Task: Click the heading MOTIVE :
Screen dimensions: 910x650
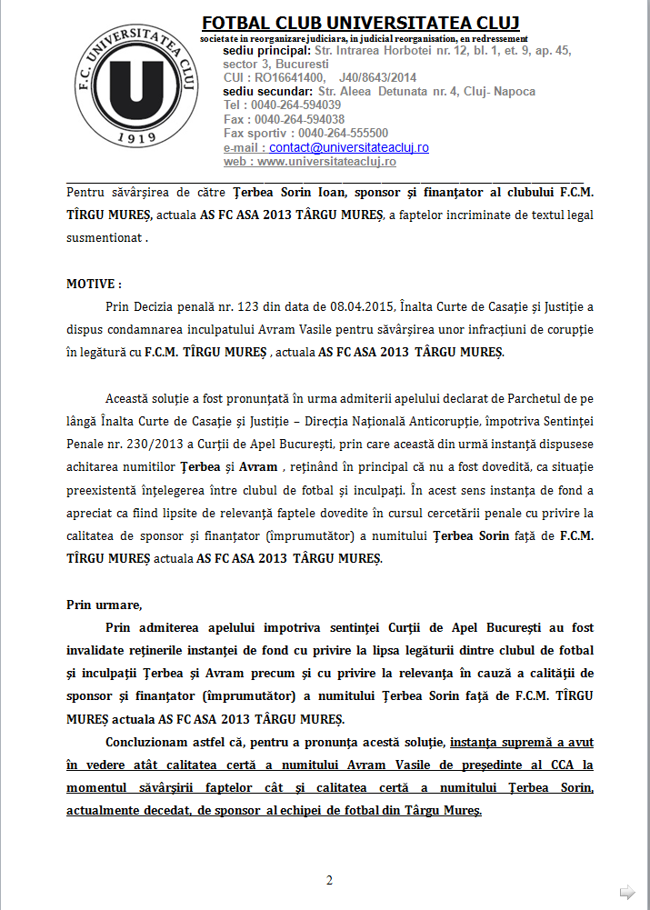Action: pyautogui.click(x=94, y=284)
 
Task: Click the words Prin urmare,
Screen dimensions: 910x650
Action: pyautogui.click(x=104, y=605)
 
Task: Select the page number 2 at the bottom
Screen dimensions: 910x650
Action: pyautogui.click(x=329, y=880)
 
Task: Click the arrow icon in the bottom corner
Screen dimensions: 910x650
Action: pyautogui.click(x=627, y=891)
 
